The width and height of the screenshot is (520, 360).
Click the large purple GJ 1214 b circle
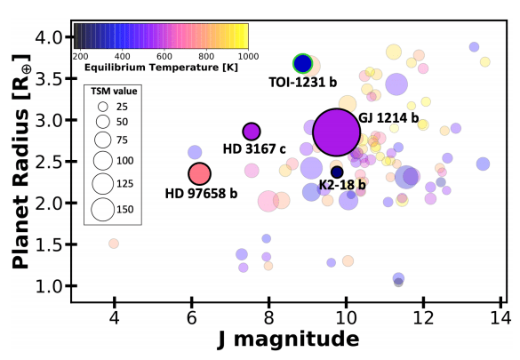pos(337,132)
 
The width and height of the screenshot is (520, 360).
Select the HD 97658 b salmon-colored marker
pos(200,174)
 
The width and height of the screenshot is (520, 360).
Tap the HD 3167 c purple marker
pos(252,132)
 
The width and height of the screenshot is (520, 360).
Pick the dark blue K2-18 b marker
pos(337,172)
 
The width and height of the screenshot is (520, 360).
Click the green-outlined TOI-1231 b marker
pos(303,63)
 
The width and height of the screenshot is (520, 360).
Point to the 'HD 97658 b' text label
pos(201,192)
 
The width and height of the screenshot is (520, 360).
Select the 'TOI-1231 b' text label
pos(303,82)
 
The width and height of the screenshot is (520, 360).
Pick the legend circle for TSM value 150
pos(102,209)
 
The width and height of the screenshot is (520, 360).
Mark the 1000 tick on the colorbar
pos(236,55)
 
